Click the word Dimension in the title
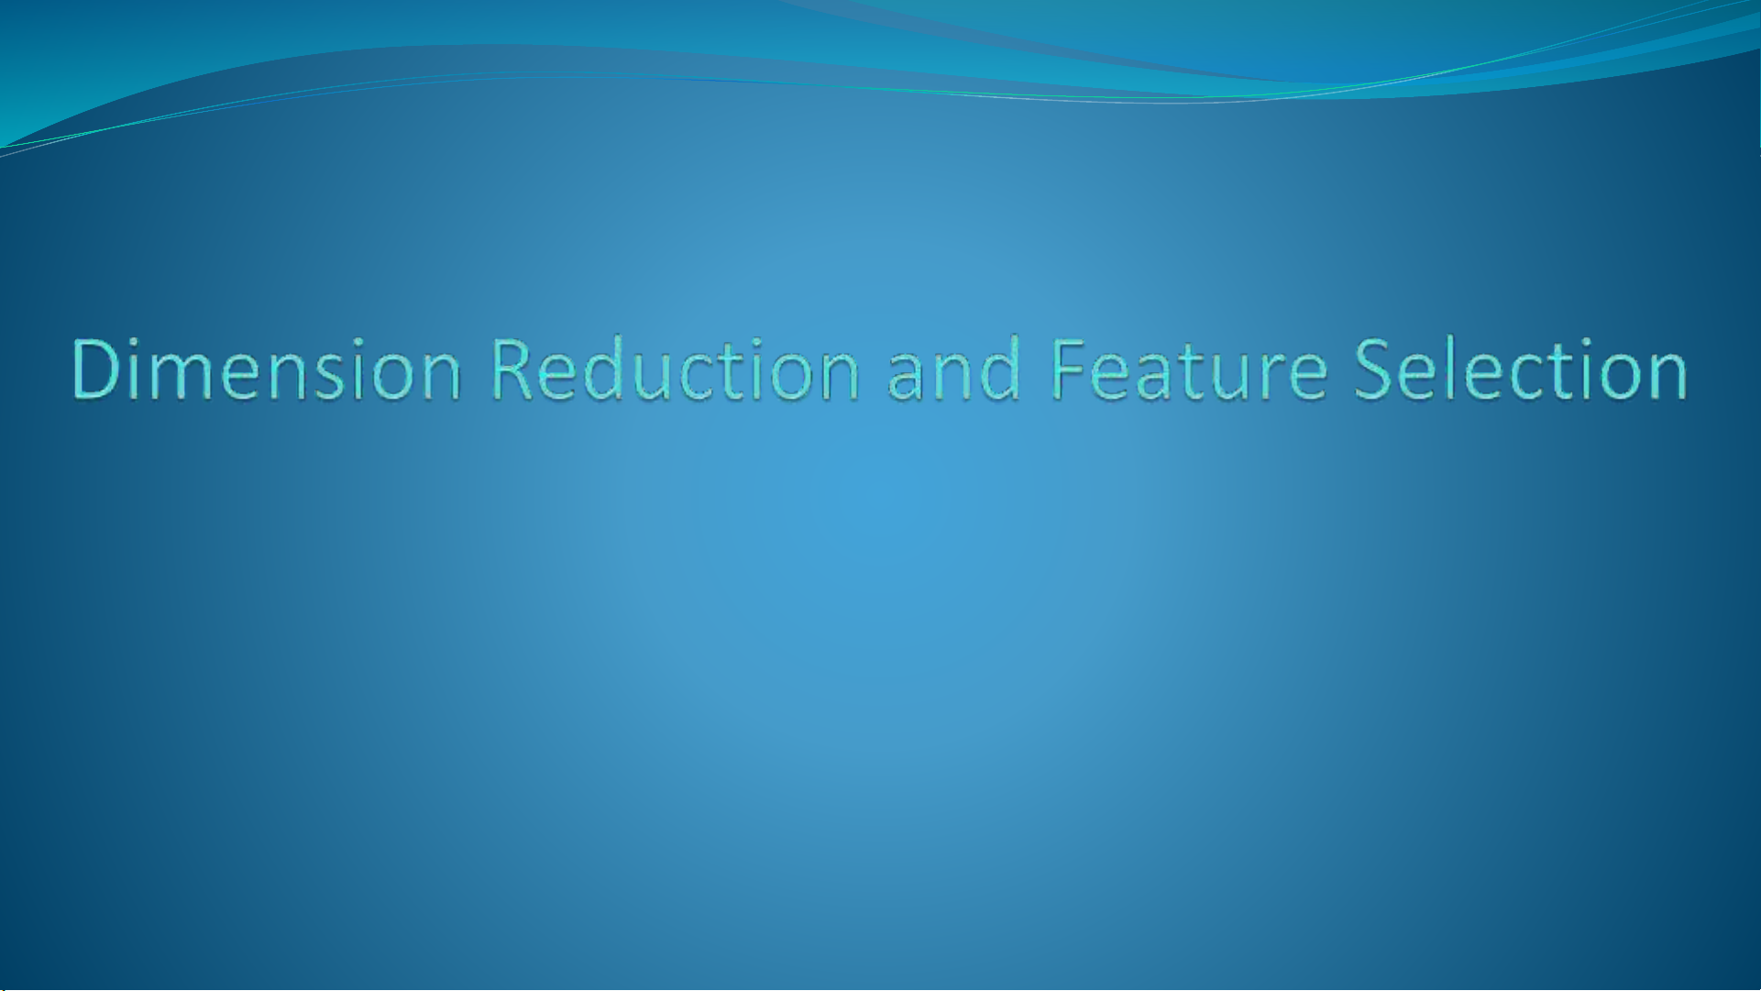pyautogui.click(x=266, y=369)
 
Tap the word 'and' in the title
pyautogui.click(x=954, y=369)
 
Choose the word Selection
pyautogui.click(x=1521, y=369)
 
